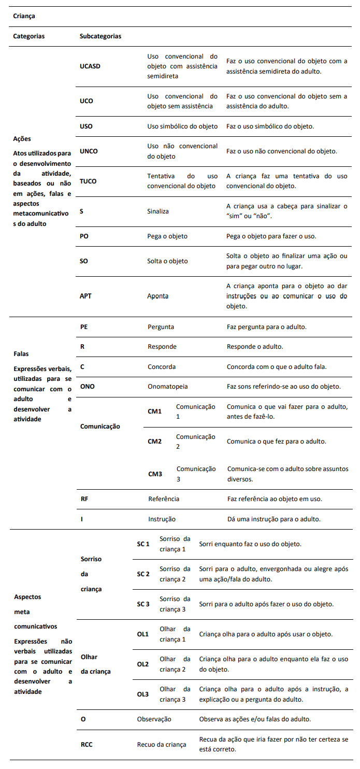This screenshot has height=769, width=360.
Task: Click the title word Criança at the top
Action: tap(24, 16)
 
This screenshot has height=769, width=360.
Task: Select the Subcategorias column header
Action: tap(100, 36)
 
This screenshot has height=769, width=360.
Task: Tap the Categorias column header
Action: tap(29, 36)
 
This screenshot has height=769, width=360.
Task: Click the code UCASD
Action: tap(91, 66)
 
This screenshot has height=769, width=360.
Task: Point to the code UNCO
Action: tap(89, 151)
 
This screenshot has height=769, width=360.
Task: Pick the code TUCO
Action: tap(88, 181)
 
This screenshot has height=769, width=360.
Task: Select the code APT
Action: tap(85, 296)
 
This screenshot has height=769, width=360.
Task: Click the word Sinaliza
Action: tap(158, 211)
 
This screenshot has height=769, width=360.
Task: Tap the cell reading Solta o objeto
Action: tap(167, 261)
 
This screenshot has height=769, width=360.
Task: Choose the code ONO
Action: tap(87, 387)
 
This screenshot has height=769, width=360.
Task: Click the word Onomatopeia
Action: tap(168, 387)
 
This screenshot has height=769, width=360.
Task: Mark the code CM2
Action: tap(155, 442)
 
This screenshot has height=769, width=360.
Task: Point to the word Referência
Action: tap(164, 499)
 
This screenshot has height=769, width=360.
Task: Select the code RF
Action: tap(84, 499)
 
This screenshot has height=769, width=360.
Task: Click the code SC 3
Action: tap(143, 604)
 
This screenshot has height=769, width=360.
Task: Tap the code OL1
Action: tap(142, 634)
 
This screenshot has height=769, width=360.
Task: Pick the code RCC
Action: tap(87, 745)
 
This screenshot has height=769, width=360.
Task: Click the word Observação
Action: tap(154, 719)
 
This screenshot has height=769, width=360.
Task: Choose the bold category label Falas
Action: tap(21, 354)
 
